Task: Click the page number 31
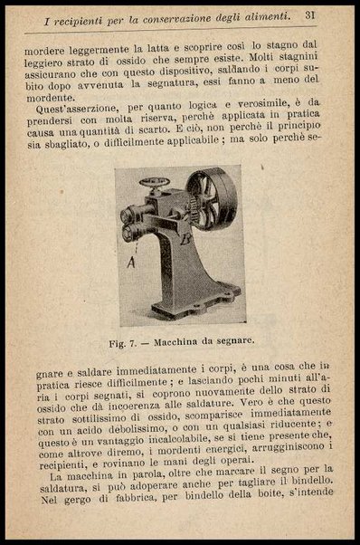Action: point(309,14)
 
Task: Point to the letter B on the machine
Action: point(185,238)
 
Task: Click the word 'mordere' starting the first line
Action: point(44,53)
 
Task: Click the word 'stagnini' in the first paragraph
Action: point(308,68)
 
